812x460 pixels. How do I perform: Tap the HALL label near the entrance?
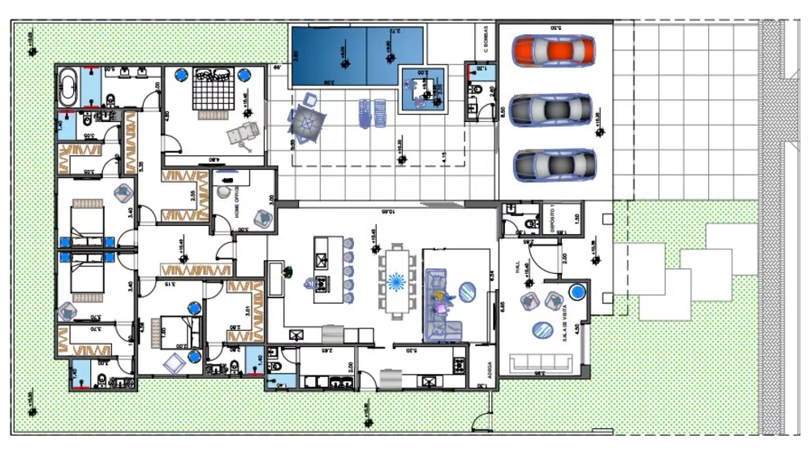tap(516, 269)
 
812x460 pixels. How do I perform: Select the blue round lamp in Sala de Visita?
tap(577, 291)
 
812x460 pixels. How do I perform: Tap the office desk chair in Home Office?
tap(224, 192)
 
